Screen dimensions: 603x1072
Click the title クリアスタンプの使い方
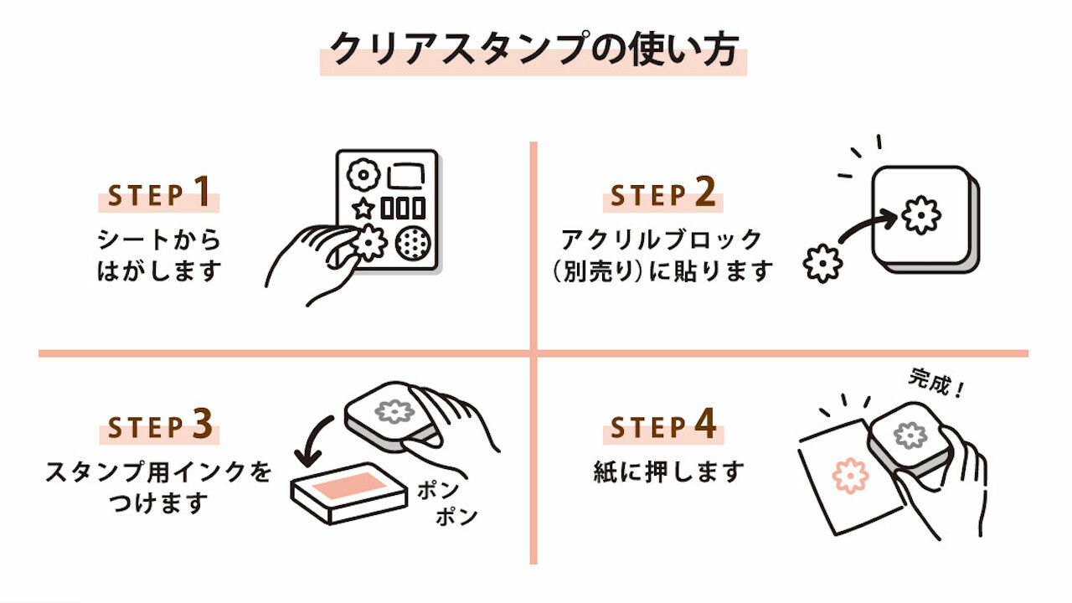(x=533, y=50)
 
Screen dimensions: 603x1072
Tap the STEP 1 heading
(x=159, y=195)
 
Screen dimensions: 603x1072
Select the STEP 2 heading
(x=662, y=195)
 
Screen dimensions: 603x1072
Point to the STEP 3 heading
(x=159, y=427)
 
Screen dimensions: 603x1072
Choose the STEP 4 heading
(x=662, y=427)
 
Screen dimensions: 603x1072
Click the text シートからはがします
(x=159, y=255)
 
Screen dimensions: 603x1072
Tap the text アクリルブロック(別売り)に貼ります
(x=662, y=255)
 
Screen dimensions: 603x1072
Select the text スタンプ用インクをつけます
(x=159, y=487)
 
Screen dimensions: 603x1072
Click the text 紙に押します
(x=667, y=472)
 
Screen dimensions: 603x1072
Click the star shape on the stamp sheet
(x=363, y=208)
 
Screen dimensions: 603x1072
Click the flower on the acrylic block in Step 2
(x=921, y=215)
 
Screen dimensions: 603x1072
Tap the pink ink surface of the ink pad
(x=350, y=485)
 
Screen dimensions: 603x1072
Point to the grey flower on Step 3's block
(x=394, y=410)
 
